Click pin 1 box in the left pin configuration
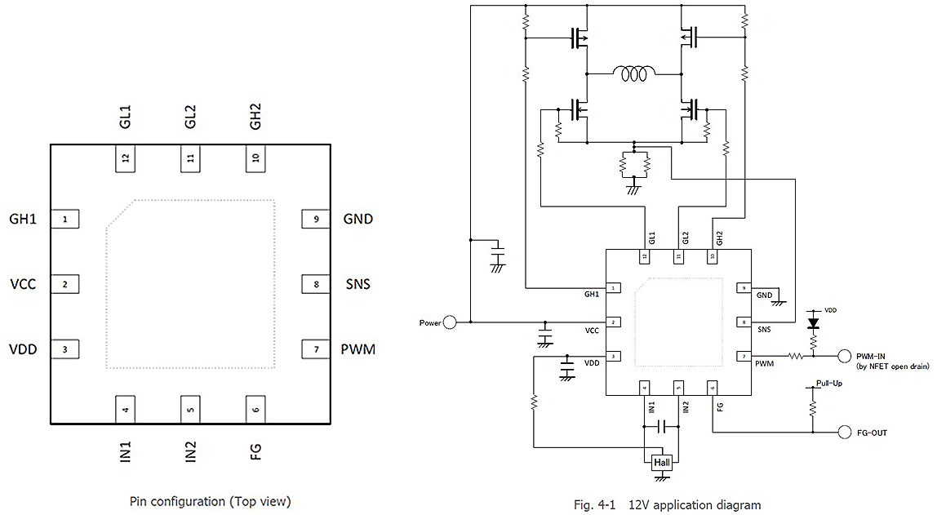65,219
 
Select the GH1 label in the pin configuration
24,219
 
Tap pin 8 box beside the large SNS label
315,284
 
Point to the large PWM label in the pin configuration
358,349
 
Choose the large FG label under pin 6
256,451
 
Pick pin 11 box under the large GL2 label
191,159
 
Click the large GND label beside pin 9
358,219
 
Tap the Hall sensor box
662,463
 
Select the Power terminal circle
451,322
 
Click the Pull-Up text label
829,383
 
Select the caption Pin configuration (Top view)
210,501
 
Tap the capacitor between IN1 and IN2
666,426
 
